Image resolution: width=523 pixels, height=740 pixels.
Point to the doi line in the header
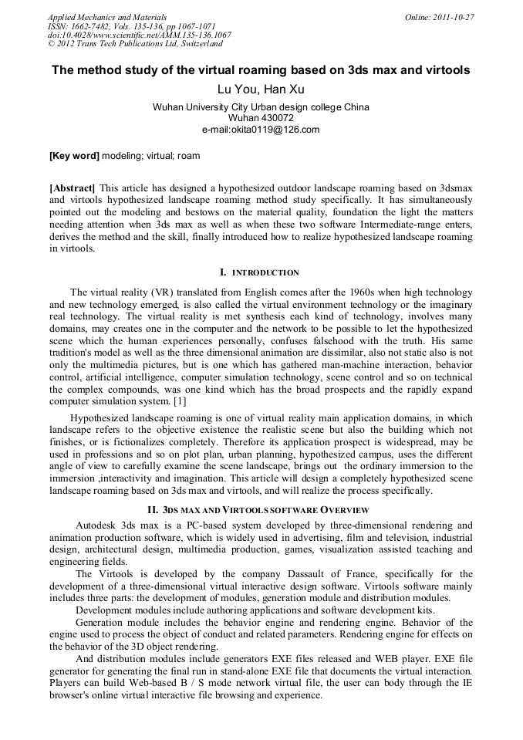click(139, 35)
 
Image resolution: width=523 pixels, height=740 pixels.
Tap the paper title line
click(261, 70)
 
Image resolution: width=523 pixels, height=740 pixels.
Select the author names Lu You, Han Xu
click(261, 90)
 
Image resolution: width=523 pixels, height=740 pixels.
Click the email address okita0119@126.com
click(261, 129)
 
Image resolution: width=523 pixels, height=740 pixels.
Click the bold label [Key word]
click(74, 156)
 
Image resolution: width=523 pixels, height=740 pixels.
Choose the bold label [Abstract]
click(73, 188)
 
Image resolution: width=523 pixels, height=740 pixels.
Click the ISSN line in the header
click(132, 26)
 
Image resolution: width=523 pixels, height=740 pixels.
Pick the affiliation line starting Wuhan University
click(261, 107)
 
